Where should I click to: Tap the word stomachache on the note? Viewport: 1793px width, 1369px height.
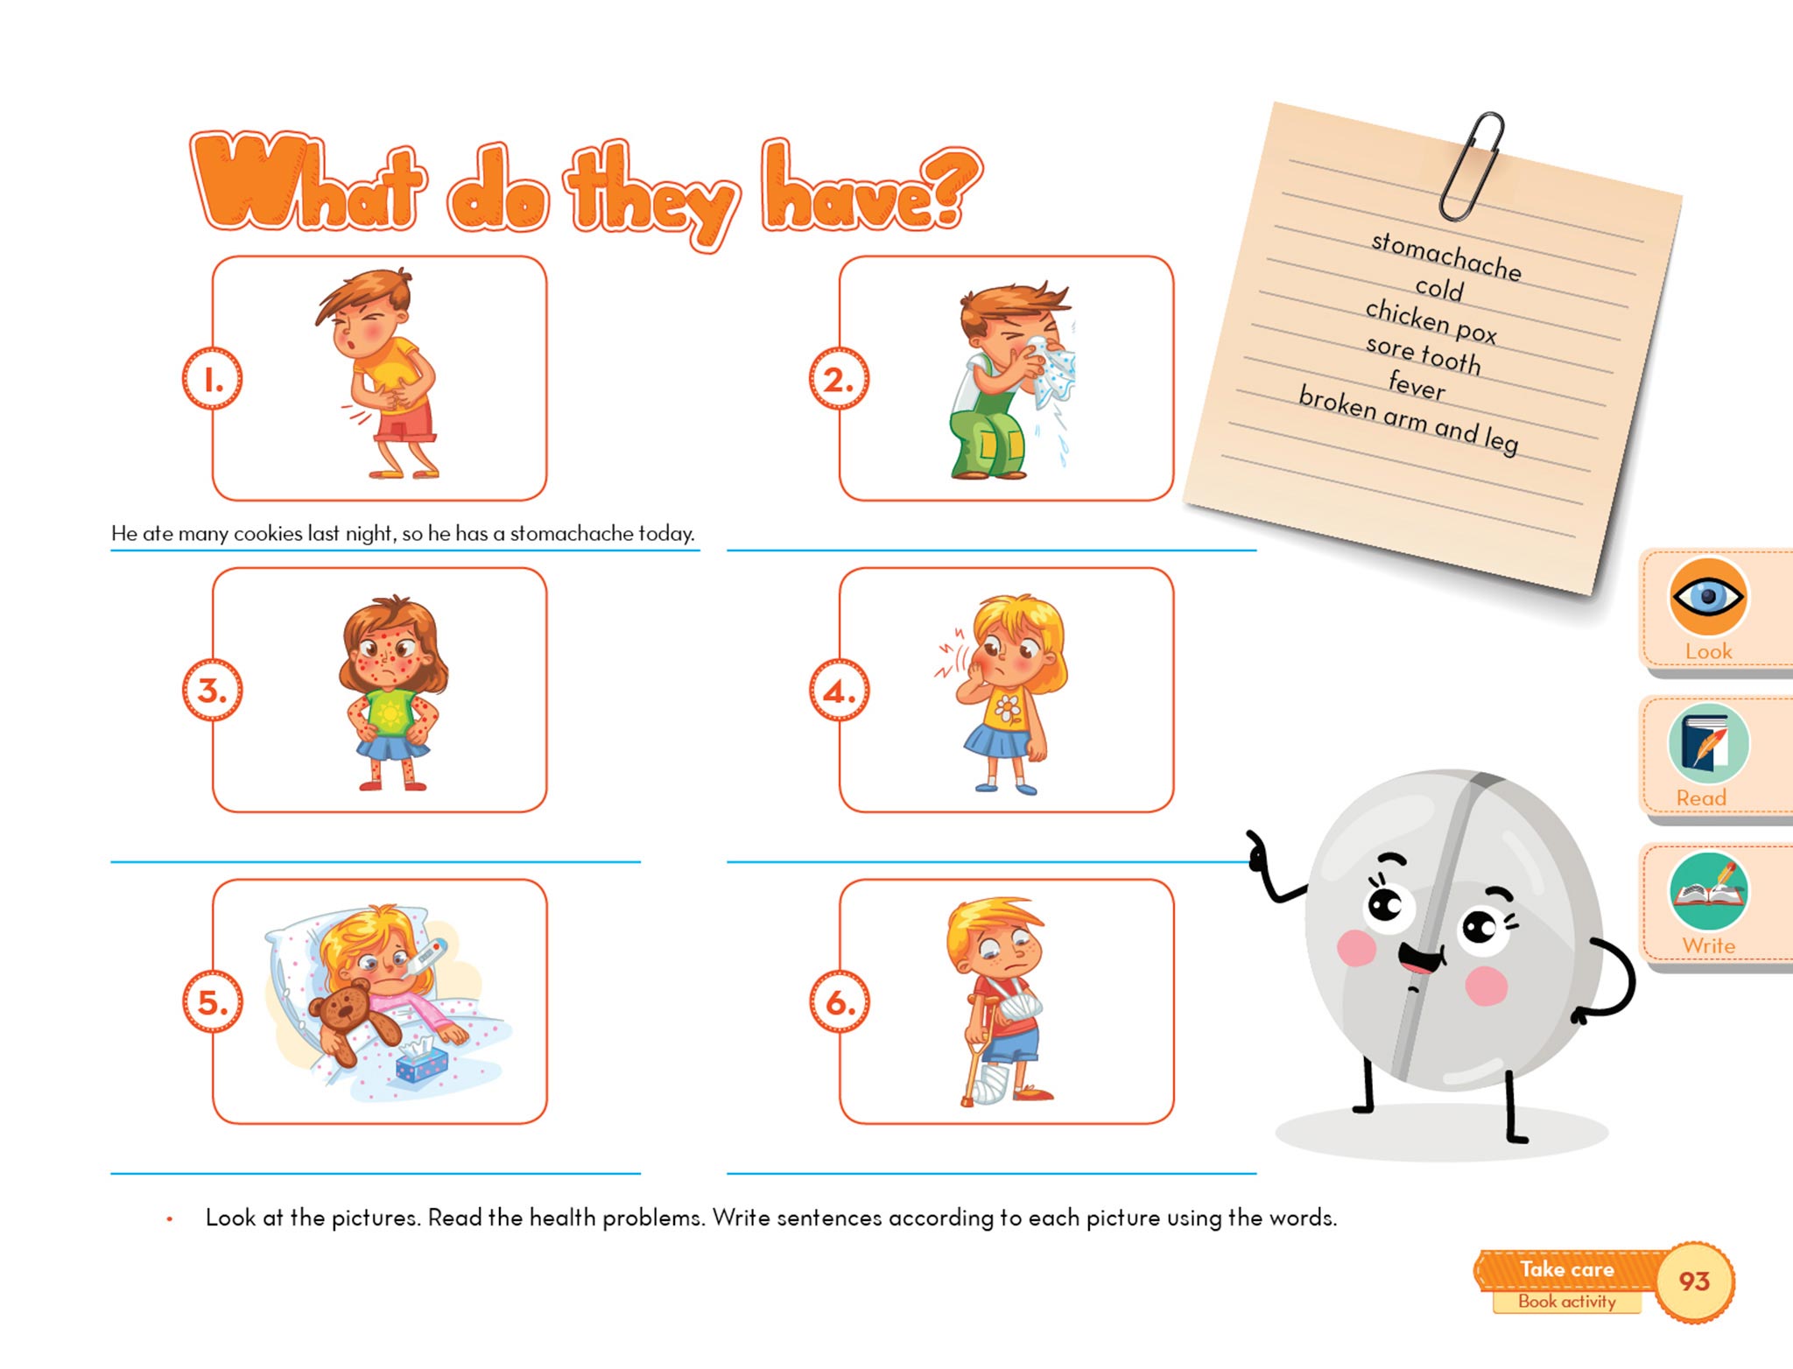tap(1446, 256)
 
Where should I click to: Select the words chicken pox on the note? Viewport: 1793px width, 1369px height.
tap(1431, 321)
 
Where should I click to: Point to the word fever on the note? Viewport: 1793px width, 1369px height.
tap(1417, 384)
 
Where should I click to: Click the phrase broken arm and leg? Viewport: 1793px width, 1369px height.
tap(1409, 420)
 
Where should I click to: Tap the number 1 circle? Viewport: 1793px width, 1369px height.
tap(212, 379)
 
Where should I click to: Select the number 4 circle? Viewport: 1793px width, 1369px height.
tap(839, 691)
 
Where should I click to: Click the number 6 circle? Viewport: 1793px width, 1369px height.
tap(839, 1002)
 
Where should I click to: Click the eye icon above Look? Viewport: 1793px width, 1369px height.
tap(1708, 597)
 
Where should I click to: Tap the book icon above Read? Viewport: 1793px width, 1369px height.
tap(1708, 744)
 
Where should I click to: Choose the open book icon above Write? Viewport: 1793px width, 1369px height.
tap(1708, 891)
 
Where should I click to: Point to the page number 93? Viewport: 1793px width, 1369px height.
tap(1694, 1281)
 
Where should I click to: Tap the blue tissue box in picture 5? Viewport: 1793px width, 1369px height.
tap(421, 1060)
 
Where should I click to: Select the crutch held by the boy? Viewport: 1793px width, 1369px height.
tap(973, 1046)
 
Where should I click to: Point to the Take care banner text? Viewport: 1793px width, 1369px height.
tap(1566, 1269)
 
